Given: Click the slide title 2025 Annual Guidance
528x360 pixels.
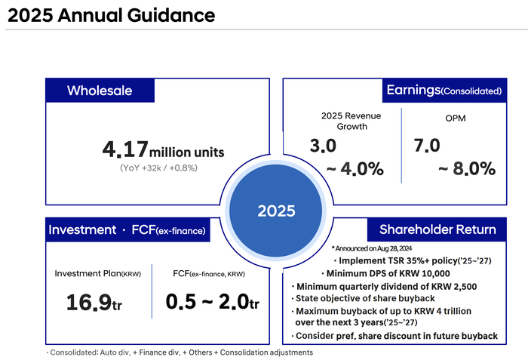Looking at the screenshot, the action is click(111, 16).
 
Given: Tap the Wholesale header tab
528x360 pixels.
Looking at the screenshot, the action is click(100, 91).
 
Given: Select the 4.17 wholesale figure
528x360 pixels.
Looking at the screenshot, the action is click(125, 149).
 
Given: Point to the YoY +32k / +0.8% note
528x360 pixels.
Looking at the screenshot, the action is click(158, 168).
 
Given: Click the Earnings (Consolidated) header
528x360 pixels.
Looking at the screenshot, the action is click(444, 91).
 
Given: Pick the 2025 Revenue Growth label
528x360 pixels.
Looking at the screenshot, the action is click(351, 121).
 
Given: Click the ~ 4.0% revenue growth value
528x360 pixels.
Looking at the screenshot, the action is click(355, 168).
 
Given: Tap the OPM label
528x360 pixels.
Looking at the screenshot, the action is click(456, 118).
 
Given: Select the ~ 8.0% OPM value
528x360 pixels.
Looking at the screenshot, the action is click(467, 168).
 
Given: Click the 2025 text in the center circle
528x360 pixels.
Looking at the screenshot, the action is click(276, 211).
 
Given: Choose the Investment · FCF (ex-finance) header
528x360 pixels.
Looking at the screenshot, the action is click(127, 230).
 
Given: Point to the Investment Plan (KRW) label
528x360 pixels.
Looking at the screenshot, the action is click(97, 273).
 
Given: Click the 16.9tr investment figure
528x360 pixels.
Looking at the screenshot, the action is click(94, 302).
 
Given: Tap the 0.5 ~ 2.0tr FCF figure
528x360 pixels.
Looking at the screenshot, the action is click(213, 301).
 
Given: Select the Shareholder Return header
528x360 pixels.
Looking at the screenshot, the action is click(437, 229).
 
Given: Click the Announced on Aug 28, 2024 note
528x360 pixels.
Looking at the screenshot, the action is click(372, 248).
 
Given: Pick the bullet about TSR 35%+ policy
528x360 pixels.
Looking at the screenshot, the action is click(413, 260).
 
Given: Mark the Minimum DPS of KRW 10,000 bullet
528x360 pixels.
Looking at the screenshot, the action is click(385, 273).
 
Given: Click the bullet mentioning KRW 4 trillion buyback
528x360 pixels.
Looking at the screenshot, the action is click(382, 316).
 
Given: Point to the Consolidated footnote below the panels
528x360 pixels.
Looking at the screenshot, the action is click(180, 352).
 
